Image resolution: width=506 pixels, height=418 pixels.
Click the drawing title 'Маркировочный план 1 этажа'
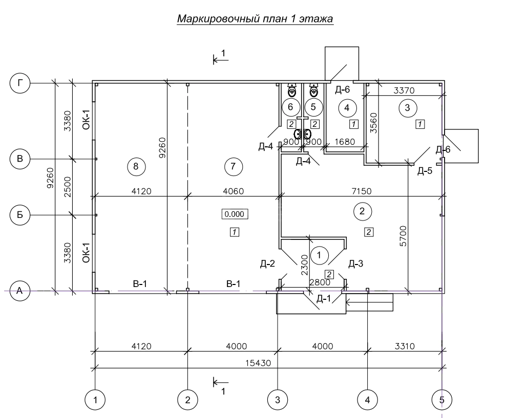[x=255, y=19]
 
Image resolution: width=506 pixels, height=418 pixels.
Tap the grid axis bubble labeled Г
[x=20, y=83]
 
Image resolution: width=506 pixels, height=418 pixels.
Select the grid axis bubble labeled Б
[x=20, y=215]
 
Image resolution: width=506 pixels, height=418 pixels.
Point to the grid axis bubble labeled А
[x=20, y=291]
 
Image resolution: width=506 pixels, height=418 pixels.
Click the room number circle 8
[x=135, y=166]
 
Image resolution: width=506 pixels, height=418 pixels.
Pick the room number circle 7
[x=233, y=166]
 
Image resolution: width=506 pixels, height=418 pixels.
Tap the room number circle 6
[x=290, y=107]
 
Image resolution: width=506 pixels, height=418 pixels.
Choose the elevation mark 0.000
[x=235, y=214]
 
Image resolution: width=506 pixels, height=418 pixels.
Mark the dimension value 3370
[x=405, y=91]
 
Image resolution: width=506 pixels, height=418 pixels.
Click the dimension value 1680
[x=344, y=142]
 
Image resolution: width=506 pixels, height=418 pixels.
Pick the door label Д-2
[x=267, y=265]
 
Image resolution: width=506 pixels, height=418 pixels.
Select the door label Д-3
[x=356, y=265]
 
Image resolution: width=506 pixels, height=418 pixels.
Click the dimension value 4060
[x=233, y=191]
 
